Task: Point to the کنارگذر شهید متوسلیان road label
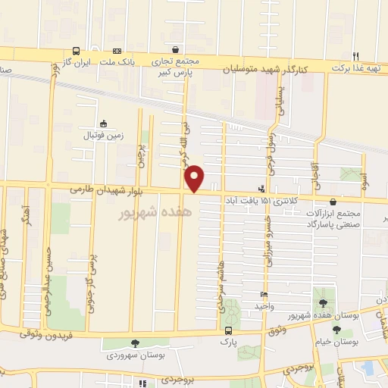click(267, 69)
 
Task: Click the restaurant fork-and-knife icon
click(355, 55)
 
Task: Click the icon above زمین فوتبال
click(105, 123)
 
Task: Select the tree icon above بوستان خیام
click(336, 329)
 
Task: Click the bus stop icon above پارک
click(228, 330)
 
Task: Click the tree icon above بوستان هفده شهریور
click(323, 302)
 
